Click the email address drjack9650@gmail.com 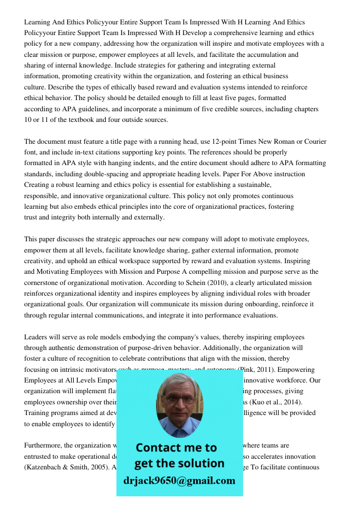point(179,481)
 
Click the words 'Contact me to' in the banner point(176,448)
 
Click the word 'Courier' point(315,141)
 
